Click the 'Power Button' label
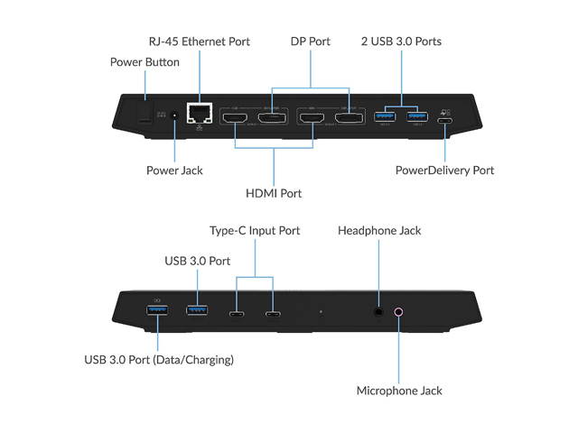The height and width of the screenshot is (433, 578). click(x=144, y=62)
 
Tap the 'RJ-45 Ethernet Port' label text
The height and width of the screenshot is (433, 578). click(x=199, y=41)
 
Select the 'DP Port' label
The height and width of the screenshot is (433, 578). click(x=310, y=41)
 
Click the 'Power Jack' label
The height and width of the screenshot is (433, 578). click(x=174, y=170)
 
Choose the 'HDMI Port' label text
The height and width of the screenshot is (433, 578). click(x=274, y=193)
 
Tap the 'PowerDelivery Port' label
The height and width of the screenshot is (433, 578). click(x=445, y=170)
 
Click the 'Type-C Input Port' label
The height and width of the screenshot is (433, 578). click(x=255, y=231)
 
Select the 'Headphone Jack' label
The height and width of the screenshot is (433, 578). click(x=379, y=231)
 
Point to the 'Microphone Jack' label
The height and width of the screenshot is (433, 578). click(x=399, y=391)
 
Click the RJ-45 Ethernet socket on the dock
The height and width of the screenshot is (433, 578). click(x=198, y=114)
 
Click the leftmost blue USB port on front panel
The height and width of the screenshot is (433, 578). click(x=157, y=312)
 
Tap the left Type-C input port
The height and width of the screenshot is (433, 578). click(x=237, y=315)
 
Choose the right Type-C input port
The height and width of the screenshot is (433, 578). click(x=272, y=315)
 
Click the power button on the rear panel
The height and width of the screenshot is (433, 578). click(x=144, y=115)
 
